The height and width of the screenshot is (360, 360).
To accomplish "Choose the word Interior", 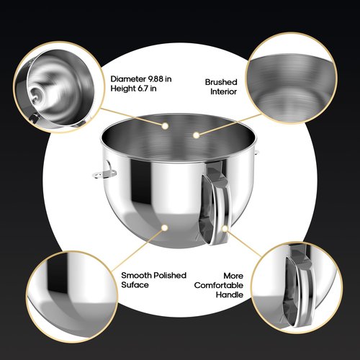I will pos(223,93).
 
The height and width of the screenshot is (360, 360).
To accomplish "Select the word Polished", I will pos(168,275).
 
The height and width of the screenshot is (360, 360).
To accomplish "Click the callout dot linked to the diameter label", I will pos(165,126).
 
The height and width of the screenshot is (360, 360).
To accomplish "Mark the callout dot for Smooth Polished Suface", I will pos(165,228).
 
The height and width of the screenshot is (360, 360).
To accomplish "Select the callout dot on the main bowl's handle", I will pos(226,230).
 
